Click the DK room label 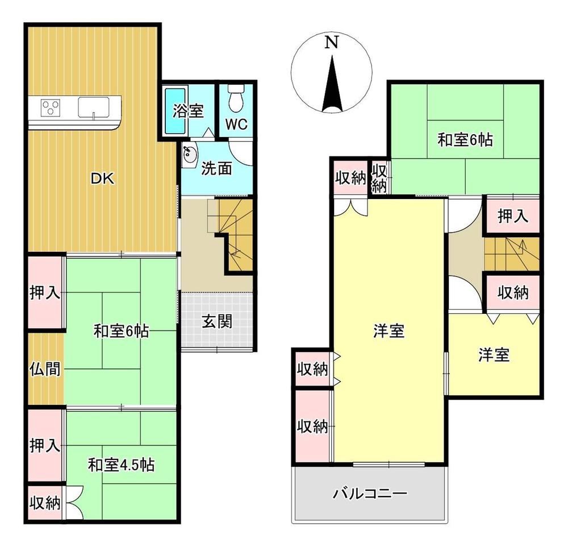coord(102,179)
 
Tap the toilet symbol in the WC coord(236,98)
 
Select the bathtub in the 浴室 coord(176,110)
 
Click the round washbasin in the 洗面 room coord(189,155)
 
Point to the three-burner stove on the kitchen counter coord(51,107)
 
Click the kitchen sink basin coord(94,107)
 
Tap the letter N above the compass coord(332,42)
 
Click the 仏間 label coord(45,368)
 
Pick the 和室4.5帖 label coord(122,465)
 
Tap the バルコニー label coord(370,494)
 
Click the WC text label coord(236,124)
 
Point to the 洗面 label coord(216,168)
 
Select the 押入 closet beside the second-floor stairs coord(513,216)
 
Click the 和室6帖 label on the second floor coord(465,140)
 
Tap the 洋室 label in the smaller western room coord(494,355)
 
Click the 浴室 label coord(187,111)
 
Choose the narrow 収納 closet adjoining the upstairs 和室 coord(379,178)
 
